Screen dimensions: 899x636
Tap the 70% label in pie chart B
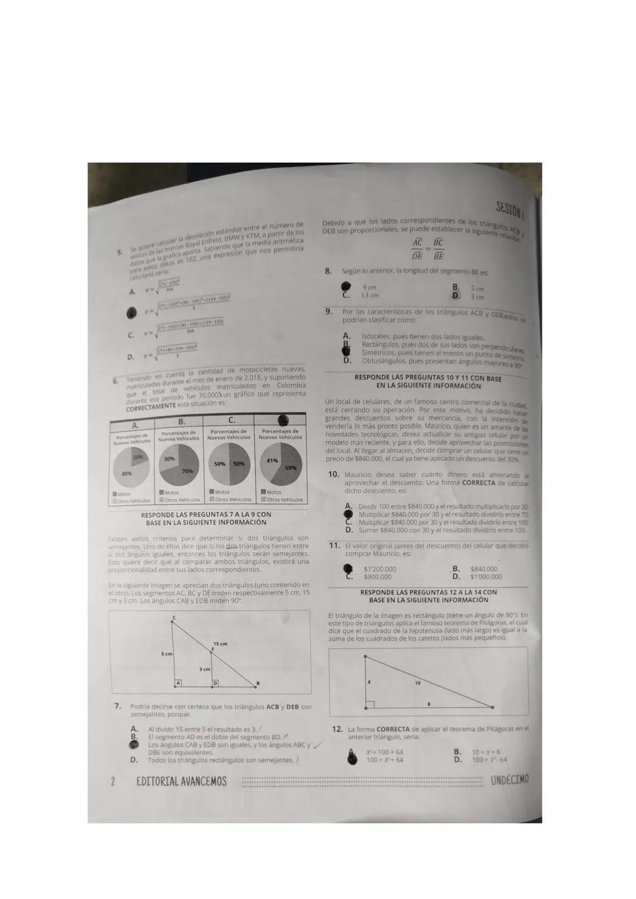[x=187, y=472]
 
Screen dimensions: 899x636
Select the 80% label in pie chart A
[x=126, y=473]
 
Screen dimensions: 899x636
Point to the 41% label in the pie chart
[x=272, y=460]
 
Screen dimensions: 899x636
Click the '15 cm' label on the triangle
[x=220, y=644]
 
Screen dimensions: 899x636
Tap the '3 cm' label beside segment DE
[x=204, y=669]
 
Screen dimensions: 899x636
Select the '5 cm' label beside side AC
[x=167, y=654]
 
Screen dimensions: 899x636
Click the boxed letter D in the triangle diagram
[x=216, y=683]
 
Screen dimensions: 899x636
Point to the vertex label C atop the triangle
[x=173, y=618]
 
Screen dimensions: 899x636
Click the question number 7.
[x=118, y=706]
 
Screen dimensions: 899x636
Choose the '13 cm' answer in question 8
[x=370, y=296]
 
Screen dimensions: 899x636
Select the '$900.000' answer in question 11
[x=377, y=577]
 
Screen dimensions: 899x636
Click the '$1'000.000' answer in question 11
[x=486, y=577]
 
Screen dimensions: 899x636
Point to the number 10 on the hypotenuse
[x=418, y=684]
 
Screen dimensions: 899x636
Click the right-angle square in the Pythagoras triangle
[x=369, y=704]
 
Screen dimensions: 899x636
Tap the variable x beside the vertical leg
[x=369, y=681]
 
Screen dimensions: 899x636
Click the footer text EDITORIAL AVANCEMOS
[x=181, y=782]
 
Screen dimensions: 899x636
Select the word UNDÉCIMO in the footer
[x=509, y=780]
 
